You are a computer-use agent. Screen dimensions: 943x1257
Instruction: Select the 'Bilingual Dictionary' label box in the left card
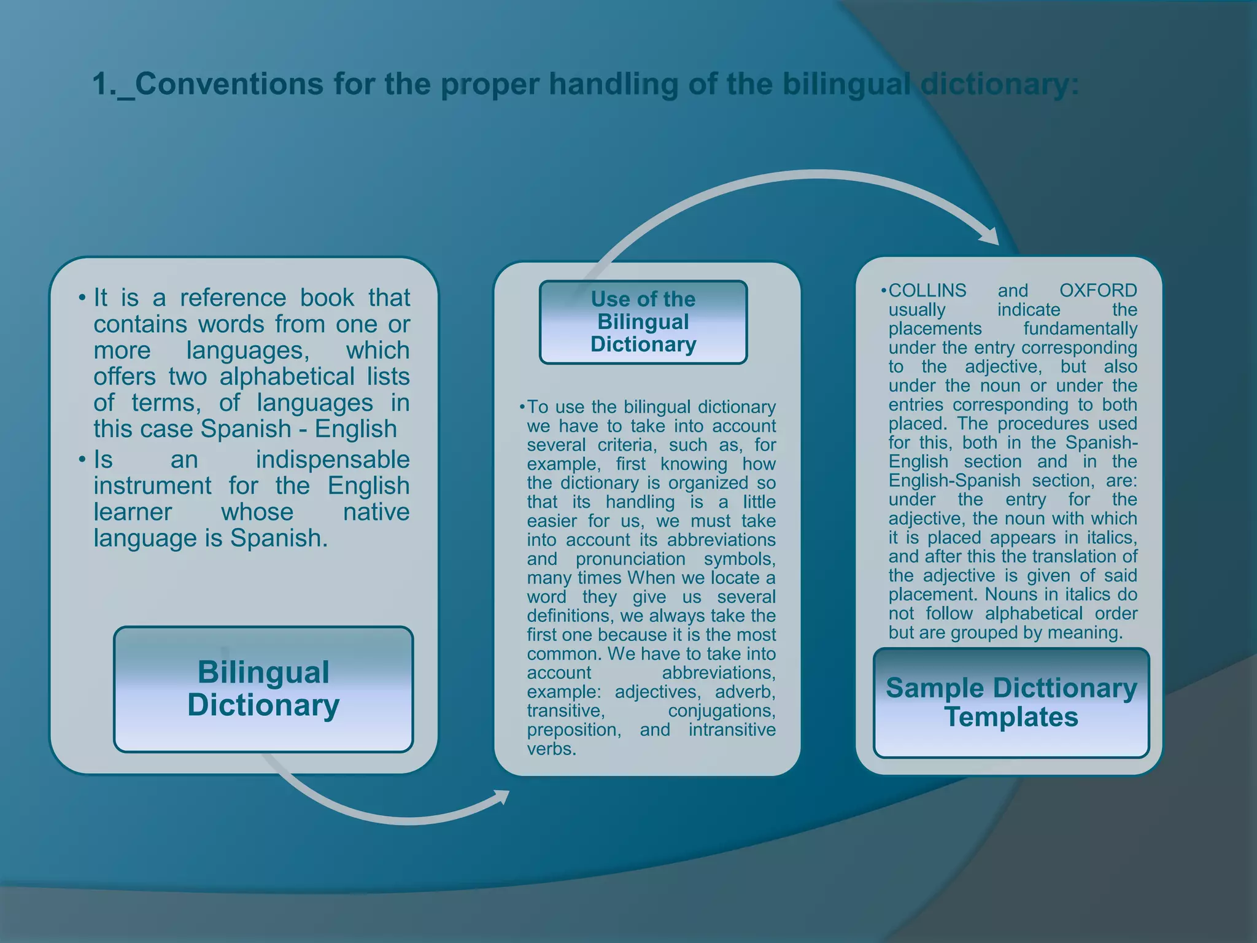tap(263, 689)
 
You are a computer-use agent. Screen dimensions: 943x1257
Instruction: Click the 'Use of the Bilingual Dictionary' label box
tap(643, 322)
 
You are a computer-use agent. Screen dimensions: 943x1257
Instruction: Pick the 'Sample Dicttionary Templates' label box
tap(1011, 702)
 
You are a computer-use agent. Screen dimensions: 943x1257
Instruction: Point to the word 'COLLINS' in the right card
tap(927, 290)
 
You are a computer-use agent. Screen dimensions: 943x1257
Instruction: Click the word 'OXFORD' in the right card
tap(1098, 290)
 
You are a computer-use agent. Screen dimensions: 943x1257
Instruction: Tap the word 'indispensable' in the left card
tap(332, 459)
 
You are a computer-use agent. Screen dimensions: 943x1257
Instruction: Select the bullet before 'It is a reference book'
tap(82, 298)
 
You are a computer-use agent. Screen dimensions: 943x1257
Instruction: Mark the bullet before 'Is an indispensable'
tap(82, 460)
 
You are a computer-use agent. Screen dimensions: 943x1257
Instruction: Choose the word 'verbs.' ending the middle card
tap(551, 749)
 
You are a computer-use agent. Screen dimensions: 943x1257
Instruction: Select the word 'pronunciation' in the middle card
tap(630, 559)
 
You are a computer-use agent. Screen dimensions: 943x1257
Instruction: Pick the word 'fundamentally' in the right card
tap(1080, 328)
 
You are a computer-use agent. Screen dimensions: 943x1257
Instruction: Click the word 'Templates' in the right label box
tap(1011, 717)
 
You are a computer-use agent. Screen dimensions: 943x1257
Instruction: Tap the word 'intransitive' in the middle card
tap(732, 730)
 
